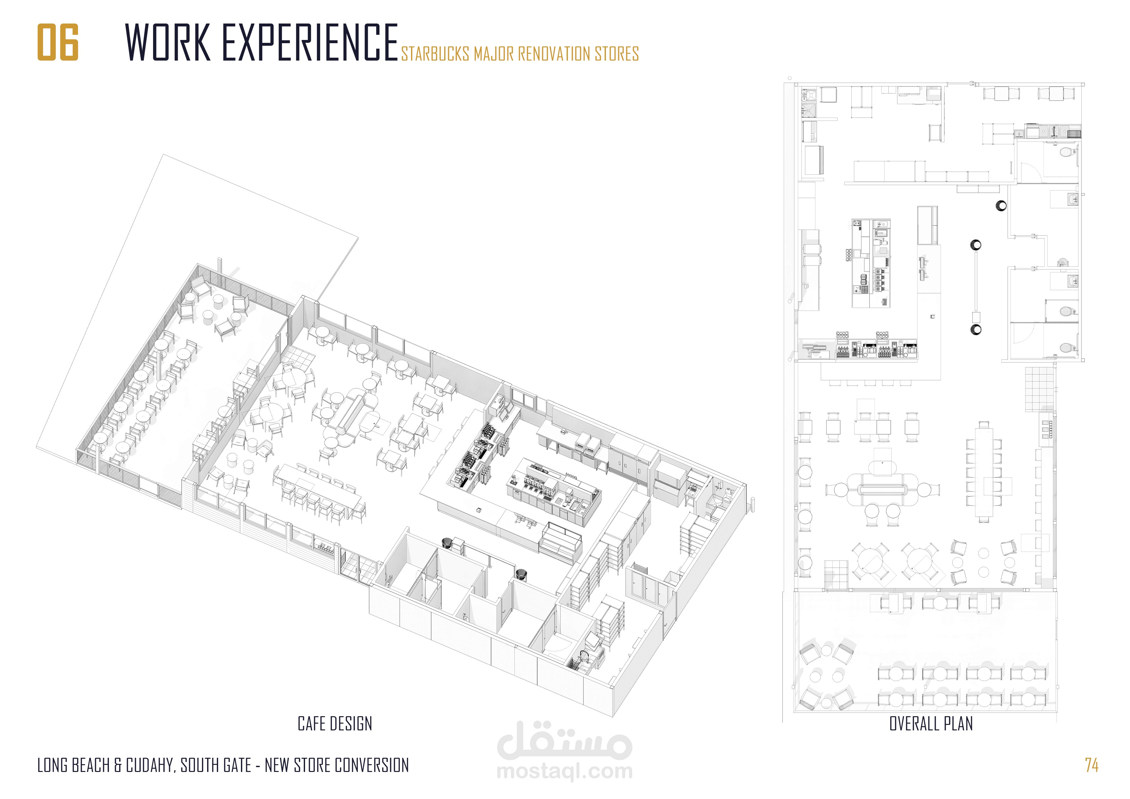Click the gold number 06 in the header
pyautogui.click(x=58, y=42)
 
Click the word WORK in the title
pyautogui.click(x=168, y=42)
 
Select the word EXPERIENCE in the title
pyautogui.click(x=310, y=42)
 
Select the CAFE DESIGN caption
pyautogui.click(x=335, y=724)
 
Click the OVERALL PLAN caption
pyautogui.click(x=931, y=724)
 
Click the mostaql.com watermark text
pyautogui.click(x=564, y=771)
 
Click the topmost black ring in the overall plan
pyautogui.click(x=1001, y=206)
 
